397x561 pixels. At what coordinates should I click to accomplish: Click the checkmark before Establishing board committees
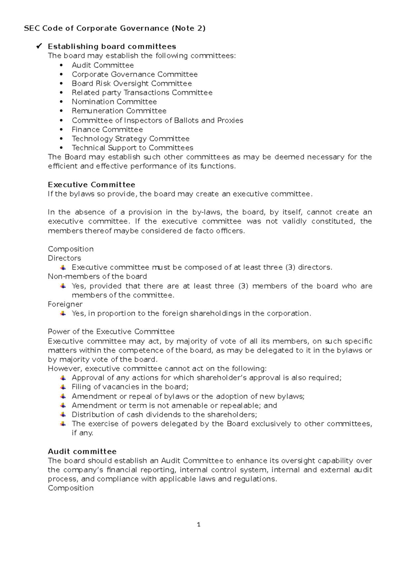39,46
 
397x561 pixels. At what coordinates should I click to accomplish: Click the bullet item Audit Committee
103,65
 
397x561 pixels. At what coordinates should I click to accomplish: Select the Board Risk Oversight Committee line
132,83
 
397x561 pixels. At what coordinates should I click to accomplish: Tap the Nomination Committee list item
114,102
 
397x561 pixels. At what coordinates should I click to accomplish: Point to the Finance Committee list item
107,130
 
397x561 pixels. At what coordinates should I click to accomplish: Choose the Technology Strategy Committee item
130,139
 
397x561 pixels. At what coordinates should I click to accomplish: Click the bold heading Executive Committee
91,185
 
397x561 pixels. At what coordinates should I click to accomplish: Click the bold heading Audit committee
82,452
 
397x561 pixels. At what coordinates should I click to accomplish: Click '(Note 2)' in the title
188,28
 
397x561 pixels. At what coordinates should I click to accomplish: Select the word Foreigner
65,304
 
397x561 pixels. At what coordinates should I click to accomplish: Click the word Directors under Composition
64,258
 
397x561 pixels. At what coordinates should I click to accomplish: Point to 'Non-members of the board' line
97,276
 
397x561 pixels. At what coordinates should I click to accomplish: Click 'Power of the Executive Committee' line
111,331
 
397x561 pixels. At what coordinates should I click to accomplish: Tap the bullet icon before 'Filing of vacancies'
63,387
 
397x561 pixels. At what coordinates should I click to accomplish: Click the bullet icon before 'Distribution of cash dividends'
63,414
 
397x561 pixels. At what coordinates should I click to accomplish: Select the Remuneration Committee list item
119,111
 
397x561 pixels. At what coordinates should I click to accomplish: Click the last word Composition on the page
70,488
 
